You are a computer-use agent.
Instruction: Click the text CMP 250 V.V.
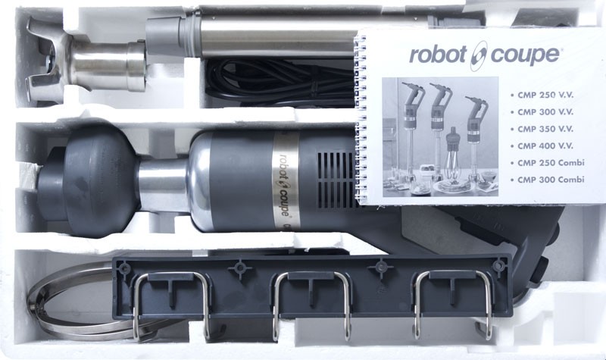pos(545,95)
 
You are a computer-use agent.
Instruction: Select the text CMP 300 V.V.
pos(545,112)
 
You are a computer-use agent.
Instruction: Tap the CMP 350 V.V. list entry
pos(545,129)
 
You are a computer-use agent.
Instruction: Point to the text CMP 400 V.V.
pos(545,146)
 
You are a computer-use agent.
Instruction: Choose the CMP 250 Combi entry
pos(551,163)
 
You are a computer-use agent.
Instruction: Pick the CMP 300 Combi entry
pos(551,180)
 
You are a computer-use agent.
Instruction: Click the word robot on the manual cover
pos(438,55)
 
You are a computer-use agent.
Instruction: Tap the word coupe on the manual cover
pos(524,56)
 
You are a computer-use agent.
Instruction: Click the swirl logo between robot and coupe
pos(479,55)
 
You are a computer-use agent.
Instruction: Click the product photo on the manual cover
pos(440,136)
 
